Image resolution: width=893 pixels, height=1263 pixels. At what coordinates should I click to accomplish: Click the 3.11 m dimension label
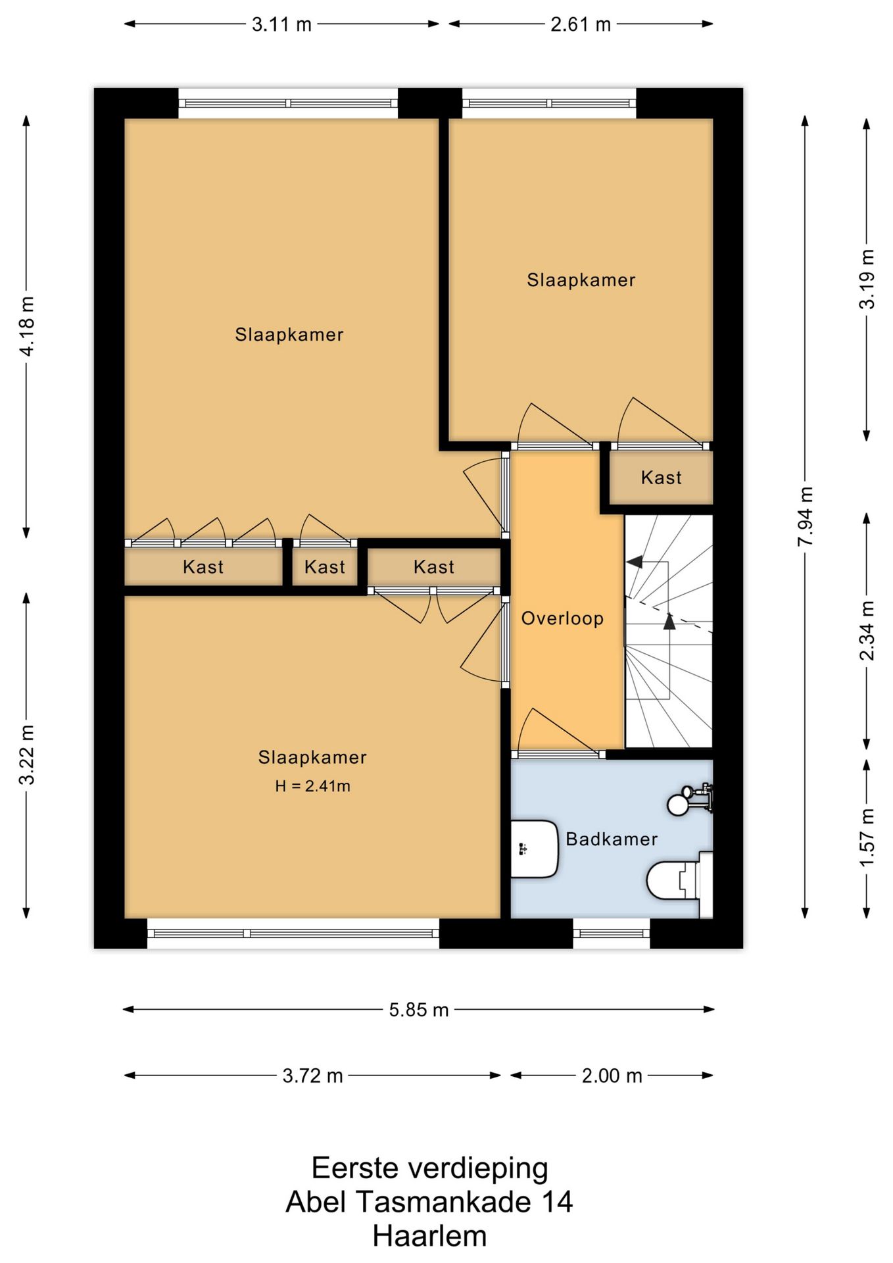[x=281, y=25]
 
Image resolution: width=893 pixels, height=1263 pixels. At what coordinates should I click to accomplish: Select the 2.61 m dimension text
[x=581, y=25]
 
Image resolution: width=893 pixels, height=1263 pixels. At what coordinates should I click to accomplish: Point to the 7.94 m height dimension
[x=806, y=516]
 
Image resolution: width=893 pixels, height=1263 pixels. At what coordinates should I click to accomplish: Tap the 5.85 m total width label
[x=419, y=1010]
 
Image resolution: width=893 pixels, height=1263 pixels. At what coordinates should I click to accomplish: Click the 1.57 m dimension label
[x=867, y=837]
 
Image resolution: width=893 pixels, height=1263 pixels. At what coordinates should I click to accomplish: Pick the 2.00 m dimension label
[x=612, y=1076]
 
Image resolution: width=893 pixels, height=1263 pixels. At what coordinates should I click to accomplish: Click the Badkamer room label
[x=612, y=839]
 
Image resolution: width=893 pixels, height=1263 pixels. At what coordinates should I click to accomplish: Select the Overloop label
[x=562, y=618]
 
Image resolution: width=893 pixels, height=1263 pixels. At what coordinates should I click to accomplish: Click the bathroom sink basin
[x=535, y=849]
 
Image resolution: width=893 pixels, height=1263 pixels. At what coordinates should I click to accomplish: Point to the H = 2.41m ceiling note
[x=312, y=785]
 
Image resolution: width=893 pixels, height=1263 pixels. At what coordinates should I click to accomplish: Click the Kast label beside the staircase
[x=661, y=478]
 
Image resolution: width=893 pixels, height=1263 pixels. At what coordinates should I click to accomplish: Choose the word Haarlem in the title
[x=429, y=1236]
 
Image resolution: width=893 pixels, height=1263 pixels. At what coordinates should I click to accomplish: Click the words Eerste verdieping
[x=429, y=1169]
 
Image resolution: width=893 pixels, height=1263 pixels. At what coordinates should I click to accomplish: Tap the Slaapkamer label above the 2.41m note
[x=312, y=757]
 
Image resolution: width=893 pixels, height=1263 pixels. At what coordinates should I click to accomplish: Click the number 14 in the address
[x=557, y=1202]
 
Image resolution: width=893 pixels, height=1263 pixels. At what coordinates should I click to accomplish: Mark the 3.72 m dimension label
[x=312, y=1076]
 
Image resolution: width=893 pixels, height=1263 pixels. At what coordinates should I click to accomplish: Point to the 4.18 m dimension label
[x=27, y=326]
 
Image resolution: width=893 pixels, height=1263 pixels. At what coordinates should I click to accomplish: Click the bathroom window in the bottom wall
[x=612, y=933]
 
